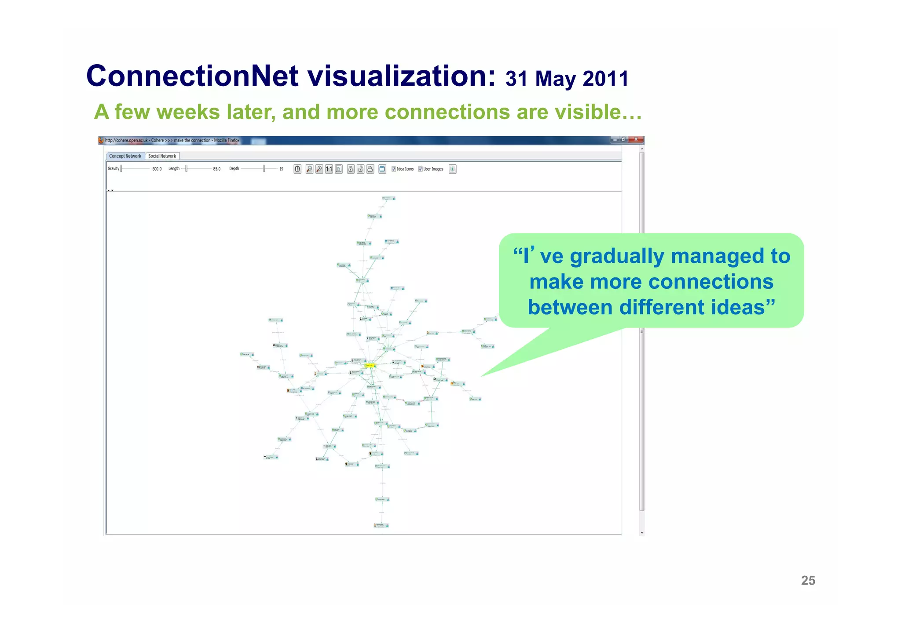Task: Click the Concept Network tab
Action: [125, 156]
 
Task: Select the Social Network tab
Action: [162, 156]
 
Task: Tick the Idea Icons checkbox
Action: [394, 169]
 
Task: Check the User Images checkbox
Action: [421, 169]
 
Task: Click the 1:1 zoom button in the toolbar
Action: [329, 169]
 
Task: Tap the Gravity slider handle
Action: [121, 169]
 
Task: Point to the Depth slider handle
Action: [264, 169]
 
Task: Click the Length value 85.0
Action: [216, 169]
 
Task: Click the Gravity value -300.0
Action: [156, 169]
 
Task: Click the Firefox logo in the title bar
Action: [101, 140]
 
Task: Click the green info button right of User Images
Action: [452, 169]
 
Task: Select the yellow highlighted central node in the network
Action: [370, 365]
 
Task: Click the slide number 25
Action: [808, 581]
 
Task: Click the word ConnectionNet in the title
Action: [193, 76]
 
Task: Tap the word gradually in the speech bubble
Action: [617, 257]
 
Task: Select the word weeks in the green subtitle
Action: [188, 112]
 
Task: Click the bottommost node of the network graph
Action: [381, 525]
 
